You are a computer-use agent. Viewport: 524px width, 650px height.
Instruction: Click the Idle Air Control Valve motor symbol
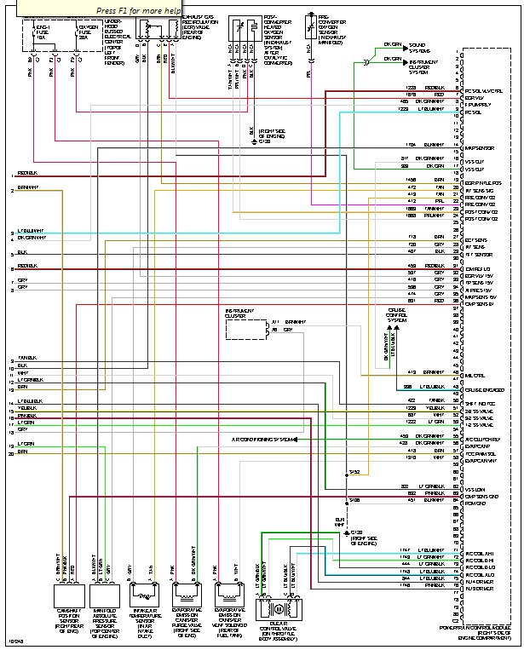coord(275,610)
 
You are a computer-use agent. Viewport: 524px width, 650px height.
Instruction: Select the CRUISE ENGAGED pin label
coord(481,389)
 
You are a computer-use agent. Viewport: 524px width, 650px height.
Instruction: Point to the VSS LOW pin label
coord(474,489)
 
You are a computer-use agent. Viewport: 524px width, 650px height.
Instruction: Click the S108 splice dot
coord(347,500)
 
